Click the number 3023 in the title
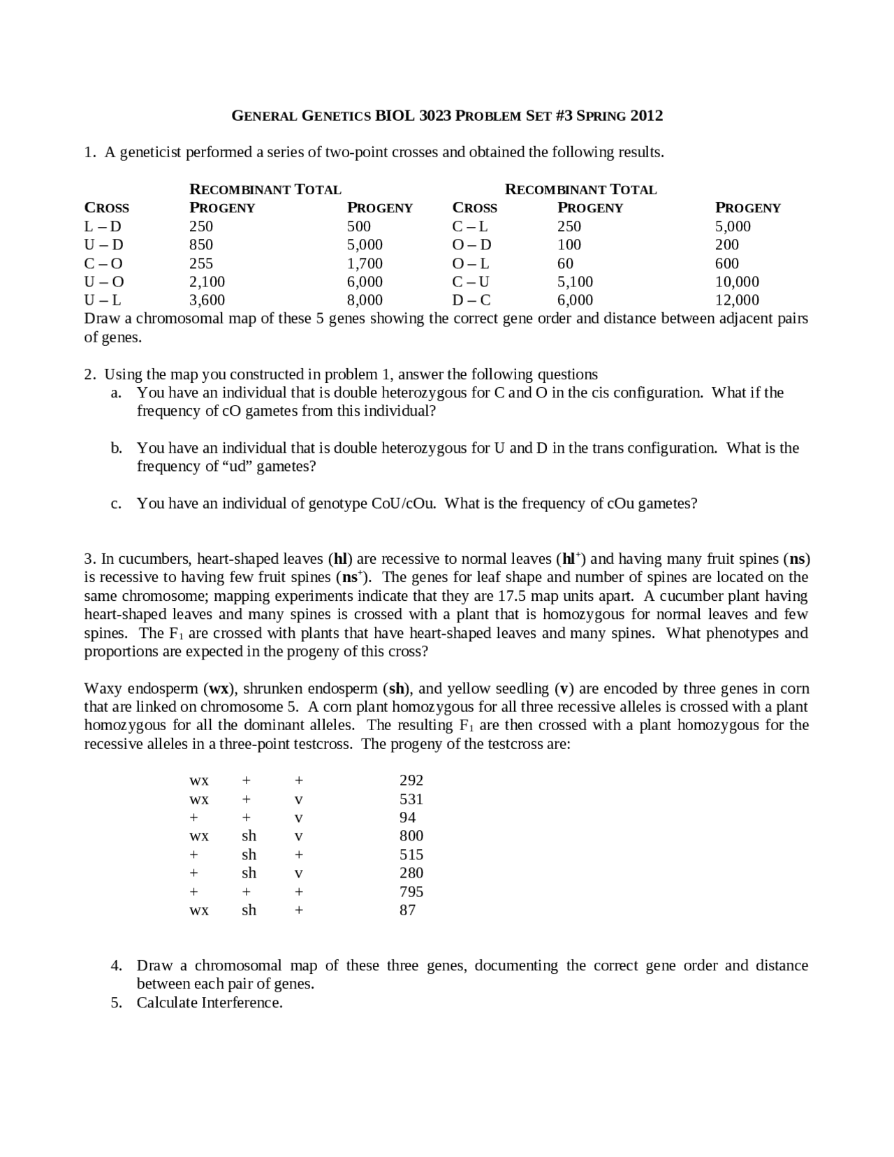point(434,115)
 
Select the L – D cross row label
point(103,226)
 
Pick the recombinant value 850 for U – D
point(201,245)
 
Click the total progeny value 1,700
point(365,263)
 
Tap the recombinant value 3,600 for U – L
point(207,300)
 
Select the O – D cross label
point(472,245)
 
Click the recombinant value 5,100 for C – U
point(575,282)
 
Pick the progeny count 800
point(411,836)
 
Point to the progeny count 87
point(407,910)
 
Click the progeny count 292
point(411,780)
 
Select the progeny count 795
point(411,892)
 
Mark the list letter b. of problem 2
point(117,448)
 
